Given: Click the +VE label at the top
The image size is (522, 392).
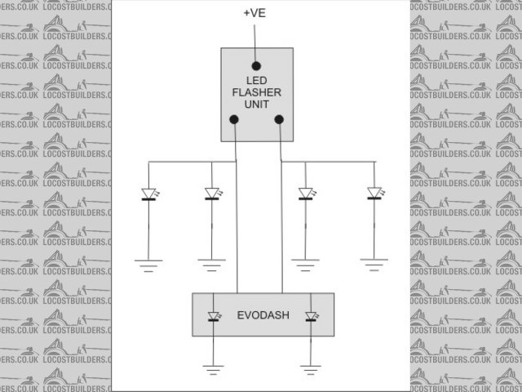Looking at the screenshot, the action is (255, 13).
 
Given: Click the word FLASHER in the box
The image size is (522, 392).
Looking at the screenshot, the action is (256, 92).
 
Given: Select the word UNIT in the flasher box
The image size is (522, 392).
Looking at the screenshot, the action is (256, 105).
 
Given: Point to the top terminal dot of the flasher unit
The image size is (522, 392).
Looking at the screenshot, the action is (256, 65).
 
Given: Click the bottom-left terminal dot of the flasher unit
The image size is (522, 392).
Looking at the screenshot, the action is (235, 120).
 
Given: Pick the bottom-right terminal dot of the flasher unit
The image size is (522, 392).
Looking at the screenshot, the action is (280, 120).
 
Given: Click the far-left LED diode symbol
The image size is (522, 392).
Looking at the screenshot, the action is (148, 194).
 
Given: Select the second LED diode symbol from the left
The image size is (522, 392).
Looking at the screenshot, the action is (211, 194).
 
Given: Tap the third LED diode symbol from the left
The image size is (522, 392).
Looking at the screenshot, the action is (305, 194).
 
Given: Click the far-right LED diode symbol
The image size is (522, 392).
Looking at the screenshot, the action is (374, 194).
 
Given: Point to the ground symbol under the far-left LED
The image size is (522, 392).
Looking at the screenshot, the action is (148, 263).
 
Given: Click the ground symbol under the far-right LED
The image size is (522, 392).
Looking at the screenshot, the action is (374, 263).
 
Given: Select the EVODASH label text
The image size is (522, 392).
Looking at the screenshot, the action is (261, 314).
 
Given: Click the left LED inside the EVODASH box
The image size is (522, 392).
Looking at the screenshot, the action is (214, 316).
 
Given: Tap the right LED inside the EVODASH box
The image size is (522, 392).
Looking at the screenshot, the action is (310, 316).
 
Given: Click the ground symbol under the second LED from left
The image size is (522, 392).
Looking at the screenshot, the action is (211, 263).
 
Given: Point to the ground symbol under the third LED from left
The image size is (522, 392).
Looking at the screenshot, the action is (305, 263).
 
